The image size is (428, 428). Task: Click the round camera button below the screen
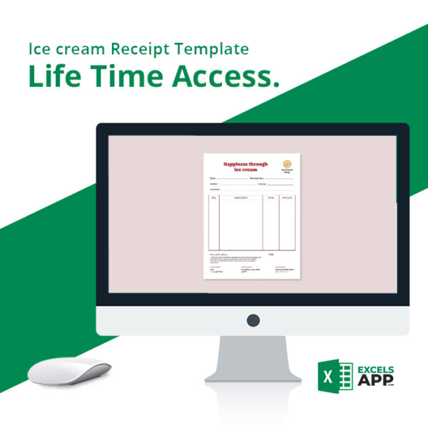tap(253, 320)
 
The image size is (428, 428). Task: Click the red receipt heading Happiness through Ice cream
tap(245, 166)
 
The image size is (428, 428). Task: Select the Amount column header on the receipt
tap(287, 198)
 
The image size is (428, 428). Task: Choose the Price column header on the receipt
tap(270, 198)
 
